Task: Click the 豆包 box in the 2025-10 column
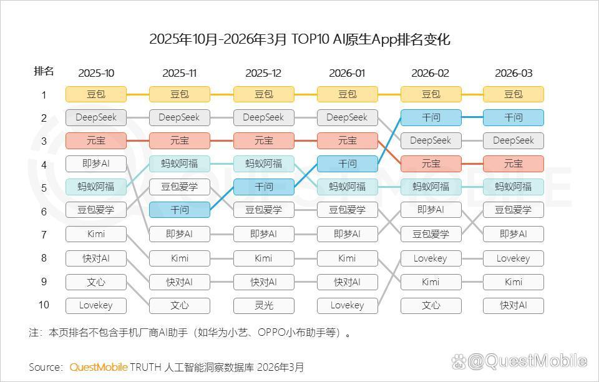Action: [x=96, y=94]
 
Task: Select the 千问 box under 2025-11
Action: [x=180, y=210]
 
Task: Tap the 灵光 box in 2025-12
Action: [x=263, y=305]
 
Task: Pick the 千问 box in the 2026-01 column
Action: [x=348, y=164]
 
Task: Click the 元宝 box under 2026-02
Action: [x=431, y=164]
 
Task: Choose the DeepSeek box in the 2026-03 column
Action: [x=514, y=140]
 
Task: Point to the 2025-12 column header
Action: [x=263, y=73]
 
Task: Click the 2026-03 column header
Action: [x=514, y=73]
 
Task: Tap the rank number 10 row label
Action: [x=44, y=305]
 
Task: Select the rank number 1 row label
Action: [x=44, y=95]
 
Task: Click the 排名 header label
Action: [x=44, y=72]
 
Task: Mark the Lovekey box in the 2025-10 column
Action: [x=96, y=305]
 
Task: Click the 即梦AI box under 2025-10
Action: [x=96, y=164]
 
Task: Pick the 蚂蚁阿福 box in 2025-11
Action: [x=180, y=164]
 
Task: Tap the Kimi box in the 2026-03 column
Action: [x=514, y=282]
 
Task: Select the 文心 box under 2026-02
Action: [x=431, y=305]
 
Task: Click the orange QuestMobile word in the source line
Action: [x=99, y=367]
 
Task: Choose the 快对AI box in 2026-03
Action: [x=514, y=305]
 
